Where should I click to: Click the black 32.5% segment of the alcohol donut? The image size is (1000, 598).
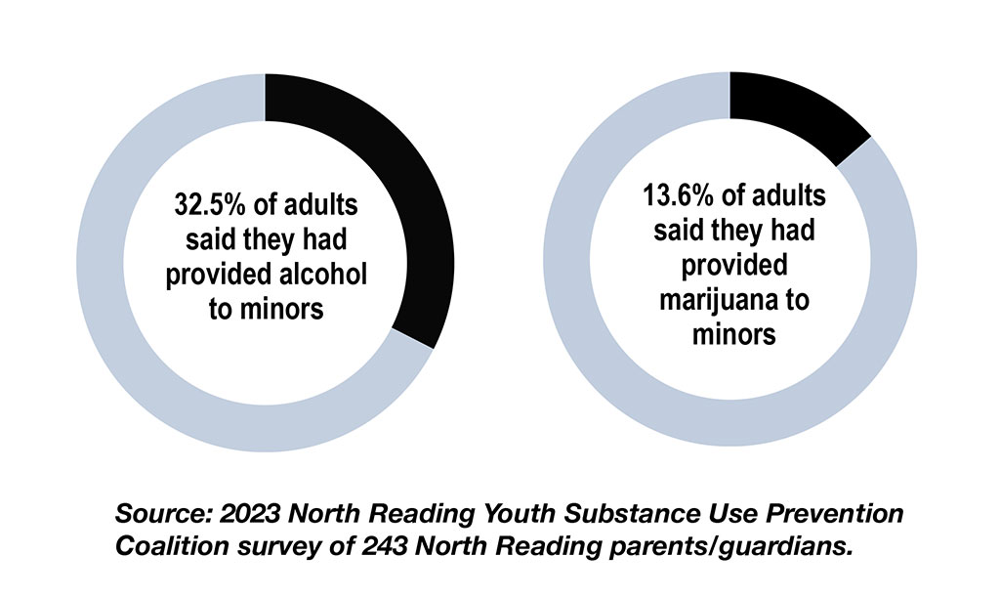pos(415,195)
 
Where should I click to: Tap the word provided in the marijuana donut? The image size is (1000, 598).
pos(734,266)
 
